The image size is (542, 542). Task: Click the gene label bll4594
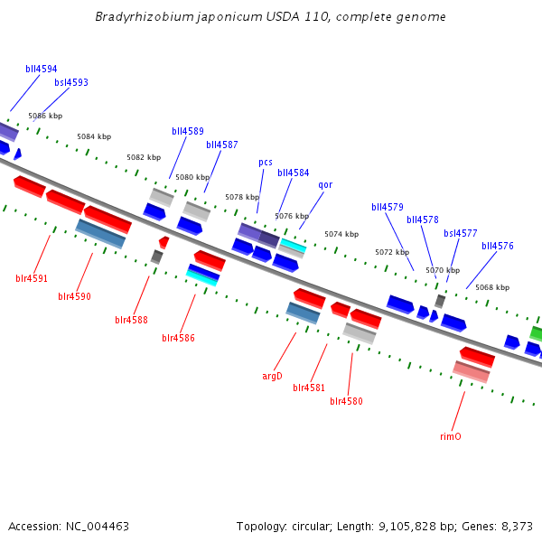(42, 69)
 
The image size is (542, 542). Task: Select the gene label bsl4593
(71, 82)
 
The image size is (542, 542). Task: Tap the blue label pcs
(266, 163)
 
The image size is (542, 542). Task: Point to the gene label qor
(325, 185)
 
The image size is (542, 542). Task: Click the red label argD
(273, 376)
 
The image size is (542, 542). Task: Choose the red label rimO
(451, 436)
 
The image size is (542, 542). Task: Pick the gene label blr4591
(32, 278)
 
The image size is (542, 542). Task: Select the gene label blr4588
(131, 320)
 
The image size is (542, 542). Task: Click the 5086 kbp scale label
(45, 116)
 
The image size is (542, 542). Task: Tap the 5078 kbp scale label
(242, 197)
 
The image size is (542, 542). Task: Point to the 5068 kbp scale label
(492, 287)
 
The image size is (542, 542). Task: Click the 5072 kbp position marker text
(392, 252)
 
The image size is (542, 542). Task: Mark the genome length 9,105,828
(406, 526)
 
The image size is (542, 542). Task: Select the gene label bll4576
(498, 246)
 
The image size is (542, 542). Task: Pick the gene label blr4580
(346, 401)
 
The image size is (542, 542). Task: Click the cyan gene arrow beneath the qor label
(293, 245)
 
